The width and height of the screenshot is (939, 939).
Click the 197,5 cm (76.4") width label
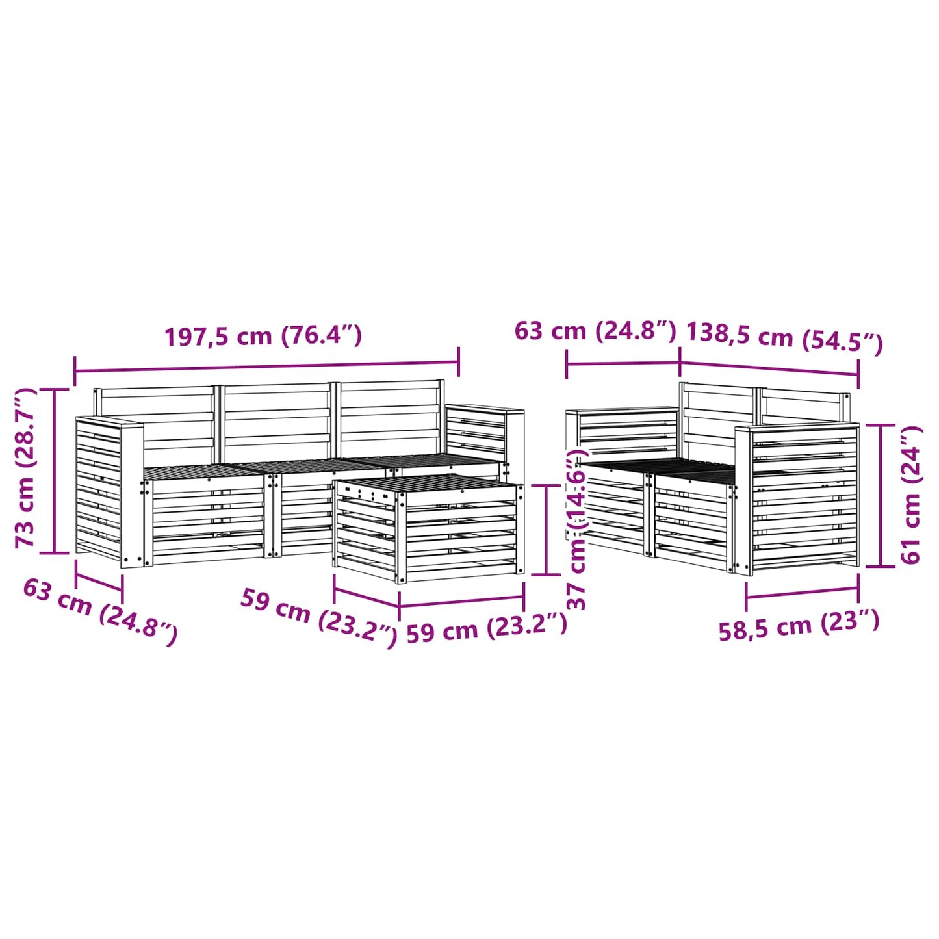[263, 336]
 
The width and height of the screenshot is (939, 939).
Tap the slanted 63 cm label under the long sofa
[100, 611]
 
